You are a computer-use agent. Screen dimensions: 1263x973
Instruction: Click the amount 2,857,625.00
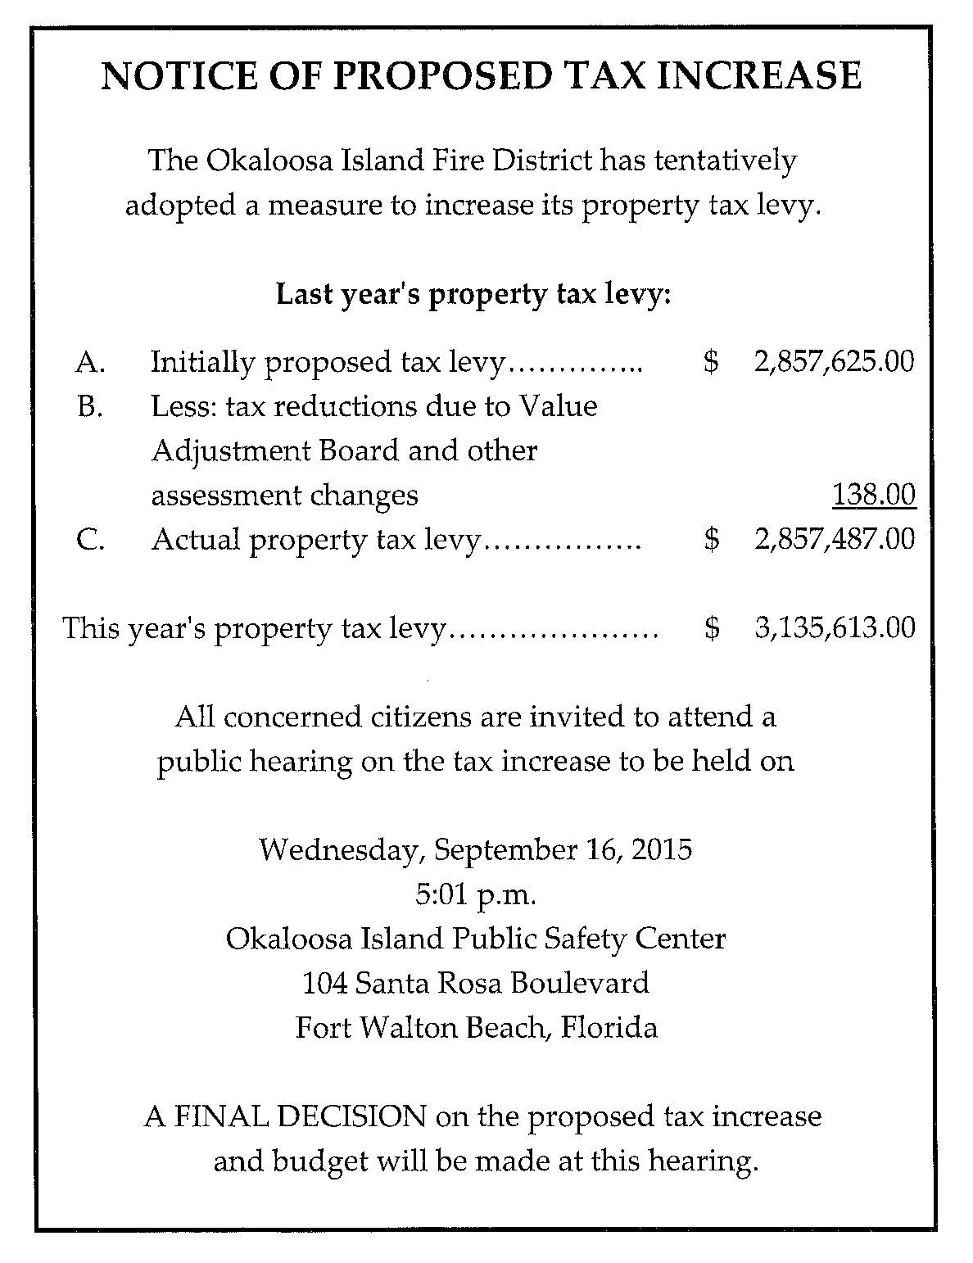point(834,361)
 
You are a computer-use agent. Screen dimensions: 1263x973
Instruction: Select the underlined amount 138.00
point(873,495)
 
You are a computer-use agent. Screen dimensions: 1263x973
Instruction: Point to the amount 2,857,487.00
point(834,539)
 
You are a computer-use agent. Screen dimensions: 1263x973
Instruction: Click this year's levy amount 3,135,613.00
point(834,627)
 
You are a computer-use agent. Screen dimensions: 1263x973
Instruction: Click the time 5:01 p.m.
point(476,894)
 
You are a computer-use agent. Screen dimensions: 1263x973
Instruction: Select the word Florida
point(609,1026)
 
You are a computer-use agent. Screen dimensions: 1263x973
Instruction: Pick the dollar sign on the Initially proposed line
point(712,362)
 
